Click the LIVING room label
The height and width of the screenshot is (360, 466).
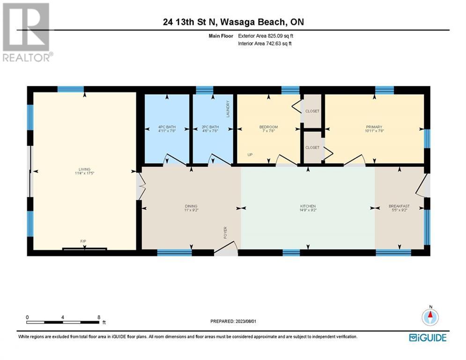(x=84, y=169)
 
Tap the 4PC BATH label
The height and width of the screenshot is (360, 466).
(x=166, y=127)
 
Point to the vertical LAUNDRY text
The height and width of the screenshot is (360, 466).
(x=229, y=109)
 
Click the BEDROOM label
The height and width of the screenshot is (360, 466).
(x=268, y=127)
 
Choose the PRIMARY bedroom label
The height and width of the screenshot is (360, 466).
(x=374, y=127)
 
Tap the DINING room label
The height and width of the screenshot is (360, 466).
(x=191, y=206)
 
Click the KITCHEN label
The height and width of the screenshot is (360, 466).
(x=308, y=206)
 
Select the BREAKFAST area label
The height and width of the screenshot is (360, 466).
(x=399, y=206)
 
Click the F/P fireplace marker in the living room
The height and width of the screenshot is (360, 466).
(x=83, y=241)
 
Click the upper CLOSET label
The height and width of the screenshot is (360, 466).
(x=312, y=111)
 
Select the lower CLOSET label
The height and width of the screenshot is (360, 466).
(x=312, y=147)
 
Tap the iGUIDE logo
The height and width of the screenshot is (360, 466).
(x=428, y=337)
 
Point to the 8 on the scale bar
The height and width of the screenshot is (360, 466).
(x=99, y=317)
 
